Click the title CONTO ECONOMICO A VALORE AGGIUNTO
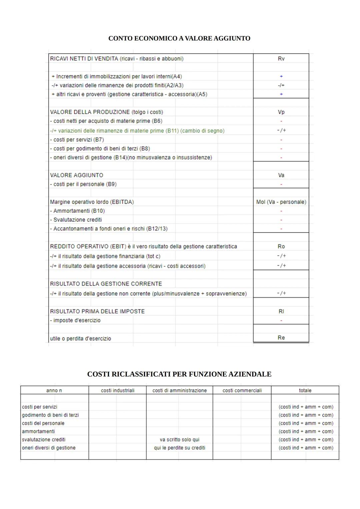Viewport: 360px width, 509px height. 179,38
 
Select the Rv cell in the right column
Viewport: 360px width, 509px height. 281,59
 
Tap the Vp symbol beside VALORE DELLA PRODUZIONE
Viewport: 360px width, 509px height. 281,112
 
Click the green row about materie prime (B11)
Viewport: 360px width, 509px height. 137,131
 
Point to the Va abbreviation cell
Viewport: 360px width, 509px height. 281,175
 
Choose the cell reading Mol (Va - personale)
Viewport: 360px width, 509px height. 281,202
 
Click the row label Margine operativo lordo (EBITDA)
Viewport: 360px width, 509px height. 92,202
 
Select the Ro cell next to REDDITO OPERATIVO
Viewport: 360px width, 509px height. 281,246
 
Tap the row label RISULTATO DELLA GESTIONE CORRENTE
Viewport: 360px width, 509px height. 106,284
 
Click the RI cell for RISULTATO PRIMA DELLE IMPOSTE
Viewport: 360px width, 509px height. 281,311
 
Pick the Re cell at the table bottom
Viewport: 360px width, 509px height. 281,338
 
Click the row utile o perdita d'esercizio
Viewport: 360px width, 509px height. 80,338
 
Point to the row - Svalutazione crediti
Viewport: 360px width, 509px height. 76,220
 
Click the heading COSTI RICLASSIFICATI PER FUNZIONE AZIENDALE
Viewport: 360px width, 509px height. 179,374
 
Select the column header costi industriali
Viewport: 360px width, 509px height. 118,390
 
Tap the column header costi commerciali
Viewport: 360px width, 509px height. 242,390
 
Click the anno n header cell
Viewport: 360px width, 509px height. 54,390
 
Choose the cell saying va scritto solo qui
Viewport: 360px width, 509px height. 179,440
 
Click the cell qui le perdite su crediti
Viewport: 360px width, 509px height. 179,448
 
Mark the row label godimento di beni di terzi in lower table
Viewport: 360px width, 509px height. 50,415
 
